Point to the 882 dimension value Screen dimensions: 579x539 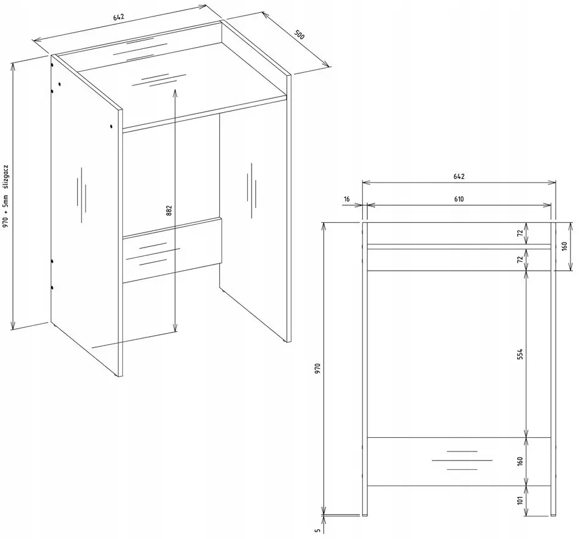[169, 211]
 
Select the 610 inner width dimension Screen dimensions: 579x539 [458, 199]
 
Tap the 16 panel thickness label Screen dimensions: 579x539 [346, 199]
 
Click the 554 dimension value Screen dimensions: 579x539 [520, 354]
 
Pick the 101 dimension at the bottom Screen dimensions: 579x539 [520, 500]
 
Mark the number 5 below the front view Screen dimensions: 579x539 [317, 530]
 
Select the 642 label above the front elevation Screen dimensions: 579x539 [458, 176]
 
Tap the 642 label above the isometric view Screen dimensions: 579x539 [119, 17]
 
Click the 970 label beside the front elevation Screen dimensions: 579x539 [318, 369]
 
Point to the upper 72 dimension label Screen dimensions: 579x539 [520, 233]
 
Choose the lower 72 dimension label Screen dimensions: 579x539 [520, 260]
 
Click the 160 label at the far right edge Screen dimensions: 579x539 [564, 246]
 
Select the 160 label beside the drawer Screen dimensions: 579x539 [520, 461]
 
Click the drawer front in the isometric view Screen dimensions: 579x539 [172, 251]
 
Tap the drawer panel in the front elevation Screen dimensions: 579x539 [459, 462]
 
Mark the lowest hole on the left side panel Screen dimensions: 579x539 [52, 287]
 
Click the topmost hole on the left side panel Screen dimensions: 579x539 [53, 65]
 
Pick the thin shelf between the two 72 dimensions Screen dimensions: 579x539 [459, 246]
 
